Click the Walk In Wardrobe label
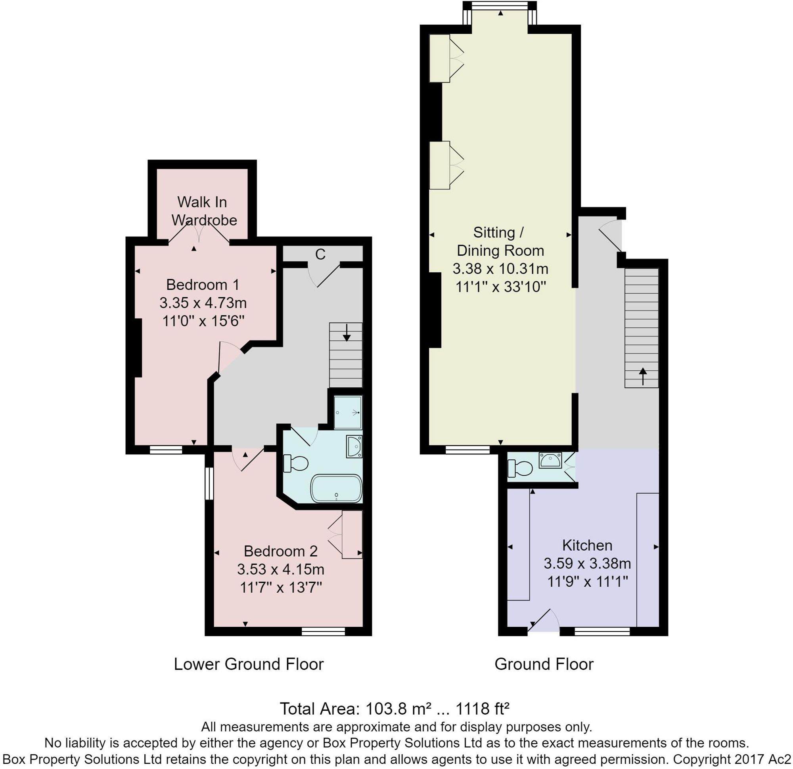coord(204,211)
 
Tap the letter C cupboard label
coord(320,254)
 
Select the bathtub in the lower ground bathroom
coord(336,489)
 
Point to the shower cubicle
coord(347,412)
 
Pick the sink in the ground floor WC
coord(550,460)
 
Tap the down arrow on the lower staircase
coord(347,333)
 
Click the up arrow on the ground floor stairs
coord(643,376)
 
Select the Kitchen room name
coord(587,545)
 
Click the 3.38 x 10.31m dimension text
coord(500,269)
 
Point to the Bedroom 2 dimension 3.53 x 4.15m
coord(281,569)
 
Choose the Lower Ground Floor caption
coord(249,664)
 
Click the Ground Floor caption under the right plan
coord(544,664)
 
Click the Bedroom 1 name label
coord(202,285)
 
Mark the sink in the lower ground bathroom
coord(354,446)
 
